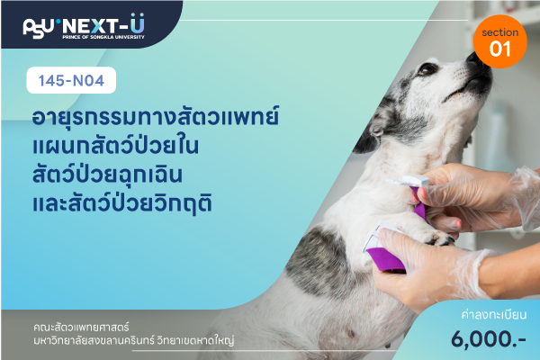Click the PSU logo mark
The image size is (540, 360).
38,28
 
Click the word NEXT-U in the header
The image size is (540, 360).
103,25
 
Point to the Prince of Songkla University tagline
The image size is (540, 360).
103,37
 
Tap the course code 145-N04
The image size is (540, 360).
71,81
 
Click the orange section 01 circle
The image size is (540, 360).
500,41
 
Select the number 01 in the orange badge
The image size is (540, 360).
500,49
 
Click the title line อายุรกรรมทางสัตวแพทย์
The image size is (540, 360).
156,117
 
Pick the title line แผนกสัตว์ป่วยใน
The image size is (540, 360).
116,145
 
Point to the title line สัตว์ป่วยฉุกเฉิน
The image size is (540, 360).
107,174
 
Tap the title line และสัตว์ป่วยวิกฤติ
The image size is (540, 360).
121,202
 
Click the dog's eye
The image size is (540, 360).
427,69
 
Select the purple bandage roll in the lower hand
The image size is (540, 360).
386,259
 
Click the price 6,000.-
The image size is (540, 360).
489,338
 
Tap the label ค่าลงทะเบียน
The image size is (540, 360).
494,314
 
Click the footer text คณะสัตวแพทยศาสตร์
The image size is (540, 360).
81,327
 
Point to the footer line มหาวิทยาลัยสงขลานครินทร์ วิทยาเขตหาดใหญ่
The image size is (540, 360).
133,341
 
